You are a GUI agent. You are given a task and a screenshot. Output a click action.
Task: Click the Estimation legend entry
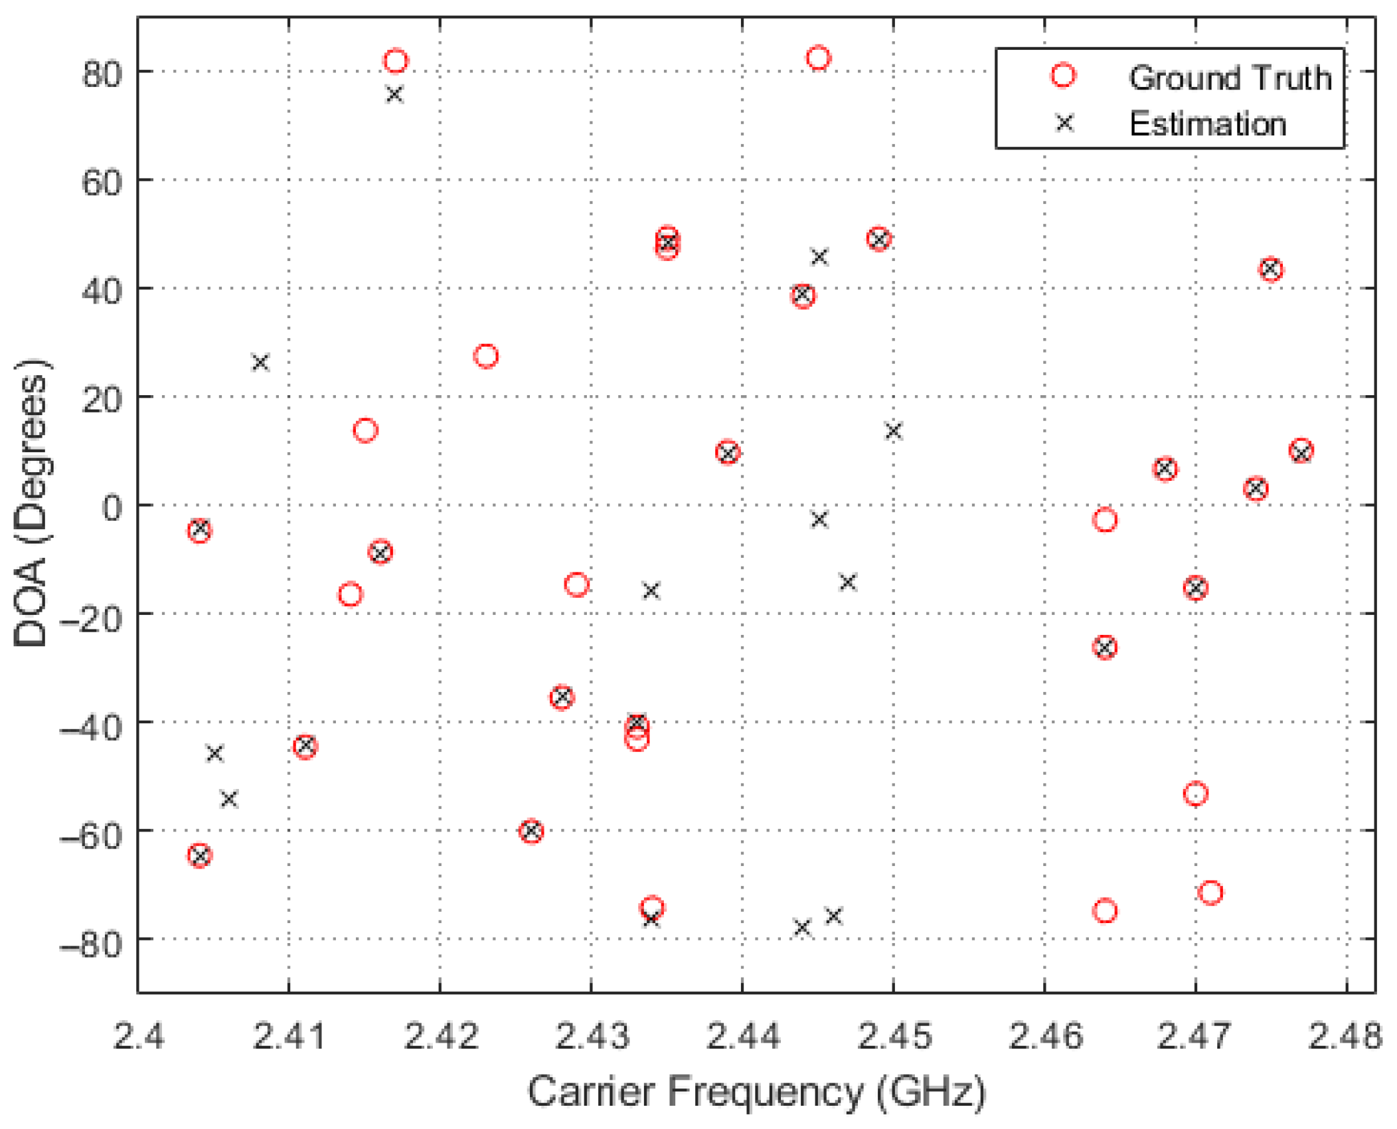[x=1206, y=124]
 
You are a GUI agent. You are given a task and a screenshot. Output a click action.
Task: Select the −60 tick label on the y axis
[x=91, y=835]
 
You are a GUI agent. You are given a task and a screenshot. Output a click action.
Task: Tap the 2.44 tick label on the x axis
[x=742, y=1037]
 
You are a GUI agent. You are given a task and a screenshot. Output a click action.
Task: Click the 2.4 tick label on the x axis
[x=138, y=1037]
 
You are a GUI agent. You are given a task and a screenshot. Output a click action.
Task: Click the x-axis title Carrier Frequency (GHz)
[x=756, y=1092]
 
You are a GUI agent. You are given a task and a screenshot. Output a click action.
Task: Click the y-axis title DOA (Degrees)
[x=31, y=503]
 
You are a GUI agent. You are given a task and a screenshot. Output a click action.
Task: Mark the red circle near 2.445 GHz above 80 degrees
[x=818, y=58]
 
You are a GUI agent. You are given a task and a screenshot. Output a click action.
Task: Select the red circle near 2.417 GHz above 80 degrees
[x=396, y=61]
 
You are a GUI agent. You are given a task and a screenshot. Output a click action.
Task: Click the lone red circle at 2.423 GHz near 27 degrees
[x=486, y=356]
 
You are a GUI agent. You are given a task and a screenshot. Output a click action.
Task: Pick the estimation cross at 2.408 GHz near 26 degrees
[x=260, y=363]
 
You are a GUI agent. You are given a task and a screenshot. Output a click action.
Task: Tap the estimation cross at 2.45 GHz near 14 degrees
[x=893, y=431]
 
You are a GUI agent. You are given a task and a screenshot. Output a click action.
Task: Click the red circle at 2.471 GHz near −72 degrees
[x=1210, y=893]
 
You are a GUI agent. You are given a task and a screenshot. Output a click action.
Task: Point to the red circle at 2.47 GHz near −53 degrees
[x=1195, y=794]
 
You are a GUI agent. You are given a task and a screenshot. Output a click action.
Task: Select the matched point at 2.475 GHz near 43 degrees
[x=1270, y=270]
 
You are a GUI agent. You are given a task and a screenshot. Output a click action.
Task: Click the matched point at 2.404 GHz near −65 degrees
[x=200, y=855]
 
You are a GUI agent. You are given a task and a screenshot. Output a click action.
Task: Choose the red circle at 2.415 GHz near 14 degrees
[x=365, y=430]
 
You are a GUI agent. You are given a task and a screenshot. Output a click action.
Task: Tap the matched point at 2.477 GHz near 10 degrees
[x=1301, y=452]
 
